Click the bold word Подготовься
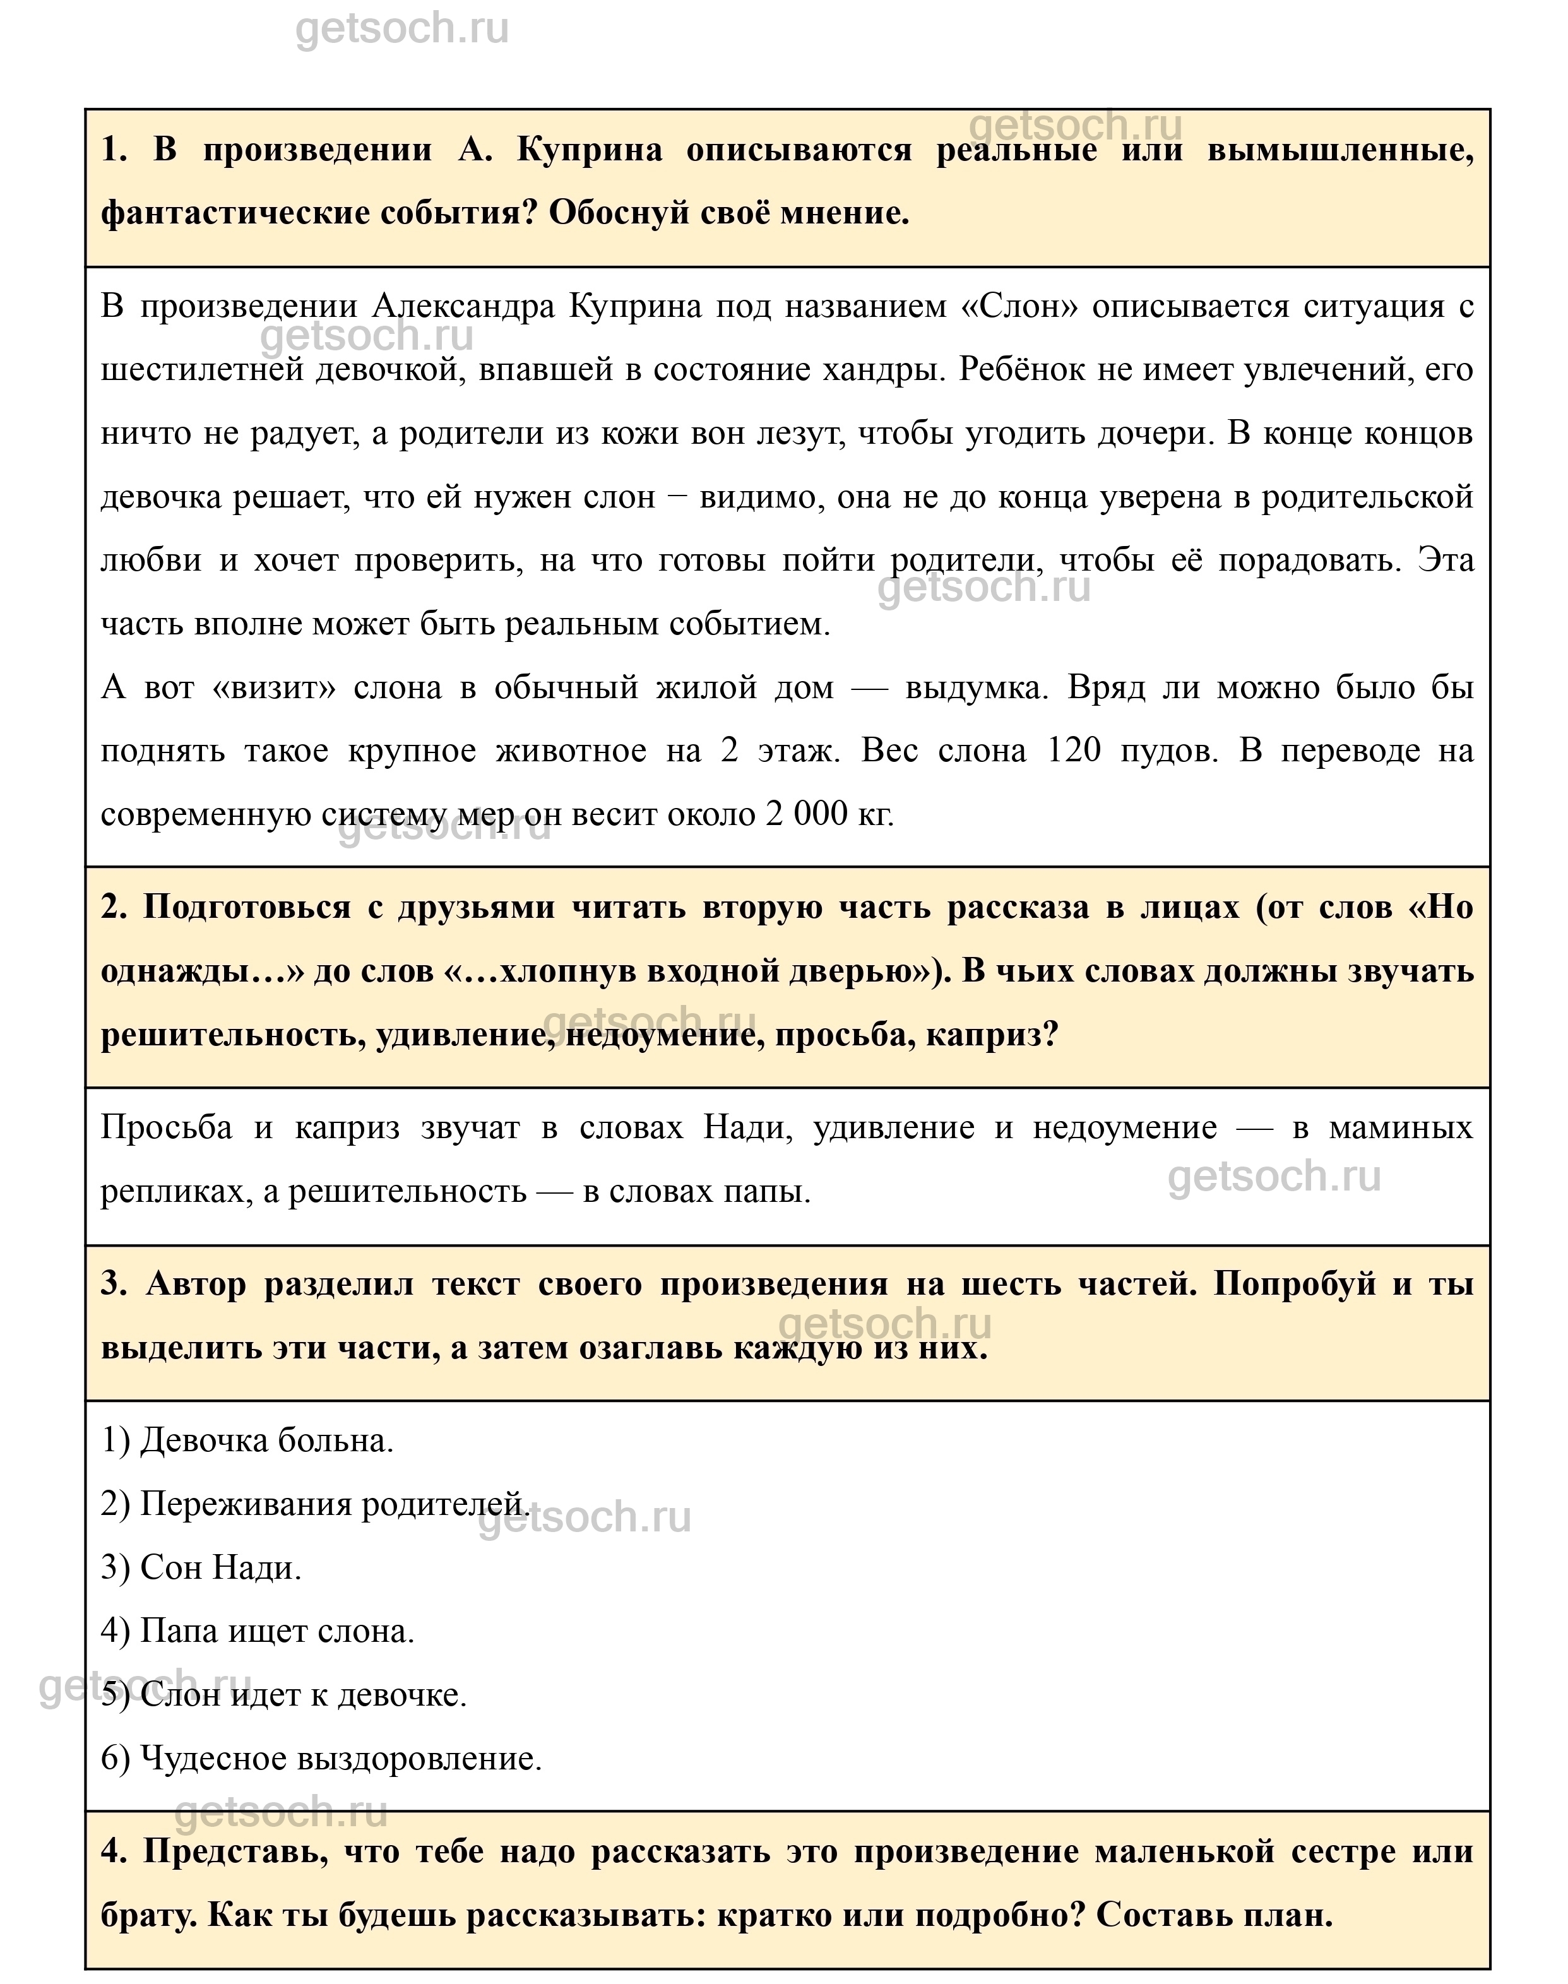(x=247, y=907)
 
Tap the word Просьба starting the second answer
(x=166, y=1127)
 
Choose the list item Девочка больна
(x=247, y=1440)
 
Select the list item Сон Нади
(x=201, y=1567)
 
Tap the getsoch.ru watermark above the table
(x=401, y=30)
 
